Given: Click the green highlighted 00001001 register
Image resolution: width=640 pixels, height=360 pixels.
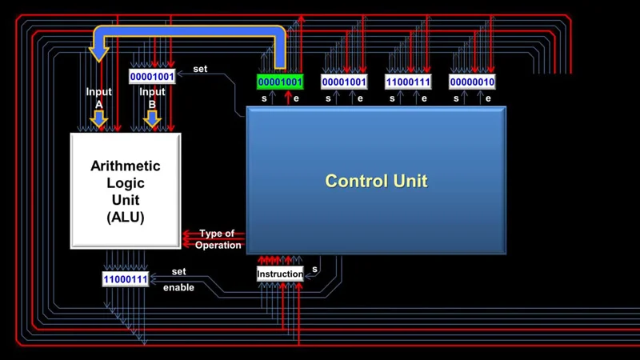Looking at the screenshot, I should [x=280, y=82].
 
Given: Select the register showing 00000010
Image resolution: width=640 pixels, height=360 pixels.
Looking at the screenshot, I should [x=472, y=82].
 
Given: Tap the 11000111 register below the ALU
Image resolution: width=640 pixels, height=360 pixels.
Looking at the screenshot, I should [x=126, y=279].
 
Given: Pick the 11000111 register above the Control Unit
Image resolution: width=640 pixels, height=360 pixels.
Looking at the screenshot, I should [x=408, y=82].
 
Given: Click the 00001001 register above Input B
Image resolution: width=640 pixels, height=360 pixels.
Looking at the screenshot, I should [x=152, y=77].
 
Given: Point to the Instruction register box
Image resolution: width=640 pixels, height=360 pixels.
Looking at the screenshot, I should [x=280, y=274].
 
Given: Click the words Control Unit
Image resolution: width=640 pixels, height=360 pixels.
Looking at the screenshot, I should [x=376, y=182].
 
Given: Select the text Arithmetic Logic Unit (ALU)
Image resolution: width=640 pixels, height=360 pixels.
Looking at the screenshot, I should [x=126, y=191].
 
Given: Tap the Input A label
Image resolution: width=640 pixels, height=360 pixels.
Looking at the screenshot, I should [x=99, y=97].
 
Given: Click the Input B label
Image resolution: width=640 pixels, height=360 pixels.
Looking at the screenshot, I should [x=152, y=97].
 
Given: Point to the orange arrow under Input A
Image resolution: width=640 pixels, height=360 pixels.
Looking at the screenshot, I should [x=99, y=119].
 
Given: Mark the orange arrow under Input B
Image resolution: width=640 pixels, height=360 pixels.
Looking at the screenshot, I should [x=152, y=119].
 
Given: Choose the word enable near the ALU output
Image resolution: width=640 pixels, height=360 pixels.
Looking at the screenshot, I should [x=178, y=287].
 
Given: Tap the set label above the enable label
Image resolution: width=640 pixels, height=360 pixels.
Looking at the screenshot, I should [x=178, y=271].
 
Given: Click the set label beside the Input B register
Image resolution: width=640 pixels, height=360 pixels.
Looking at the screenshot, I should [x=200, y=69].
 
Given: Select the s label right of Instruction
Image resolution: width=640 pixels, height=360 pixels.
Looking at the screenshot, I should [x=314, y=270].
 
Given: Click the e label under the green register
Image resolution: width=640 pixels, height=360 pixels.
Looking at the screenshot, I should [x=297, y=98].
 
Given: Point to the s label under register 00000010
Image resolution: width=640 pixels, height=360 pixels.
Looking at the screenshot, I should [x=456, y=98].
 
